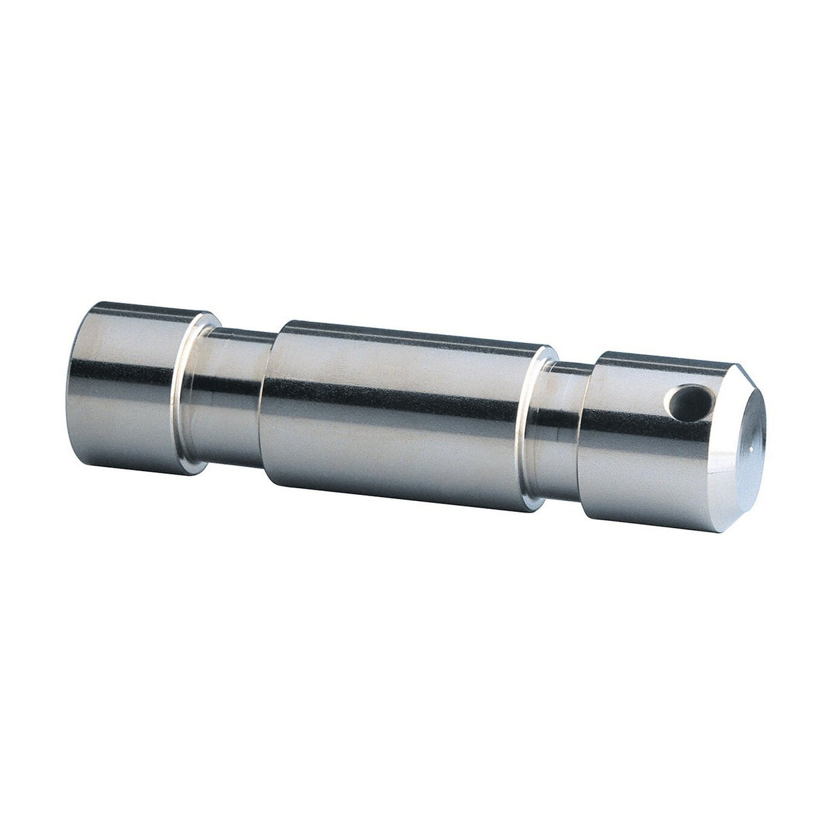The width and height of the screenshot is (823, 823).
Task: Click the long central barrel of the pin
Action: [x=400, y=414]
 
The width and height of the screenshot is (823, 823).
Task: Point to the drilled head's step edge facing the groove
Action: [x=588, y=441]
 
